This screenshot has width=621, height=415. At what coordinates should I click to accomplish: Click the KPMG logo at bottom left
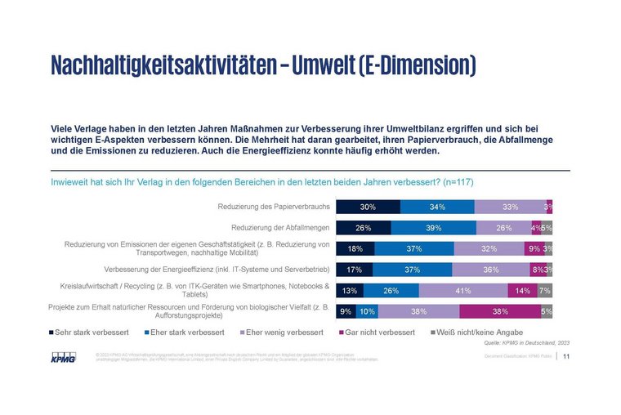tap(62, 356)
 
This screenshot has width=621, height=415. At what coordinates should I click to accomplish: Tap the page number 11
tap(566, 355)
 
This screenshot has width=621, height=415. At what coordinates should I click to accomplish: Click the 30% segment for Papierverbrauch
tap(368, 207)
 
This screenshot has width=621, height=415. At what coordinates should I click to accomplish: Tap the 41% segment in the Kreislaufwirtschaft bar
tap(463, 290)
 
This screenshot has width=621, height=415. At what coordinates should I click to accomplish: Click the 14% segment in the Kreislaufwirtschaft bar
tap(523, 290)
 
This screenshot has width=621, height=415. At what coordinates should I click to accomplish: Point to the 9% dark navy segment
tap(346, 310)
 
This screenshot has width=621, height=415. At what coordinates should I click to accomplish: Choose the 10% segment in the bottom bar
tap(367, 310)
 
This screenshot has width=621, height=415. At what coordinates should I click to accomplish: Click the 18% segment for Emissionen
tap(355, 248)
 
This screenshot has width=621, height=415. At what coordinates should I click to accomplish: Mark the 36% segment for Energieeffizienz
tap(490, 269)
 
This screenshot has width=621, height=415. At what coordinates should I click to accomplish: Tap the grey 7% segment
tap(545, 290)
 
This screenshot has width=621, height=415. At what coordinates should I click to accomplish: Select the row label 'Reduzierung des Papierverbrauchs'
tap(272, 207)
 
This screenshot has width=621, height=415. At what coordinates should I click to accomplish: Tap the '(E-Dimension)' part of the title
tap(416, 65)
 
